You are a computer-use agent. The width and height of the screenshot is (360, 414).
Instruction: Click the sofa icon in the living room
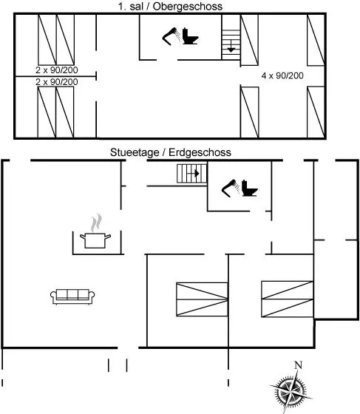click(x=72, y=296)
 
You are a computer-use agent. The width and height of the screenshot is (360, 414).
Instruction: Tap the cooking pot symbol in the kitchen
click(x=95, y=240)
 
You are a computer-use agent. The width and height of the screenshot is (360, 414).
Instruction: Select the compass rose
click(x=291, y=390)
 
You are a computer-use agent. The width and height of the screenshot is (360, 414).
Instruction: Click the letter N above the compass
click(x=298, y=365)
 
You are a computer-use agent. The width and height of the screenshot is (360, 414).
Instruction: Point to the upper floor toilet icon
click(x=190, y=36)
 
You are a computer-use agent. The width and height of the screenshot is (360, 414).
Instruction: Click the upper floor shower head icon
click(x=171, y=36)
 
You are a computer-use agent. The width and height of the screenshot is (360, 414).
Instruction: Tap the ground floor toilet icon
click(x=249, y=188)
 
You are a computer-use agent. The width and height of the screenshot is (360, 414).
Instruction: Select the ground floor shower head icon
click(x=231, y=189)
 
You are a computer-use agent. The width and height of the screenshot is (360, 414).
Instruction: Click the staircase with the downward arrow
click(x=231, y=44)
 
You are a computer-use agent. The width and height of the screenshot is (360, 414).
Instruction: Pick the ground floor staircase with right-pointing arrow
click(x=192, y=174)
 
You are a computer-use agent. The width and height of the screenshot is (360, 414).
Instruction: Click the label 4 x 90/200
click(x=282, y=75)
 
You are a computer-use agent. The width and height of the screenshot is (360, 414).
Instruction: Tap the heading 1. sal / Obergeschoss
click(x=170, y=7)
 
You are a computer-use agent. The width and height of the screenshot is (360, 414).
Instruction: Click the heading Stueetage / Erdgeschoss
click(x=171, y=152)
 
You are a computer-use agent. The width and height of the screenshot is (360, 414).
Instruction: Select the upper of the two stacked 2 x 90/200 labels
click(x=57, y=70)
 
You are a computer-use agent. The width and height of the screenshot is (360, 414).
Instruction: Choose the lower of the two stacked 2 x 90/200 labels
click(x=57, y=82)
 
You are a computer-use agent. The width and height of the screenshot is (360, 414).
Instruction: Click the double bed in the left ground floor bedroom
click(x=202, y=299)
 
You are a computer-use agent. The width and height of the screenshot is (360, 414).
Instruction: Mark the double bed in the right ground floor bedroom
click(x=287, y=299)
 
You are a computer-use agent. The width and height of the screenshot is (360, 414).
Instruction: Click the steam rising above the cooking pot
click(x=96, y=223)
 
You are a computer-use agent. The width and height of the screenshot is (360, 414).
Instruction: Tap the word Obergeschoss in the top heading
click(x=188, y=7)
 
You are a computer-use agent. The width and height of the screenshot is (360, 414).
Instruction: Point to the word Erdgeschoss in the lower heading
click(x=200, y=152)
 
